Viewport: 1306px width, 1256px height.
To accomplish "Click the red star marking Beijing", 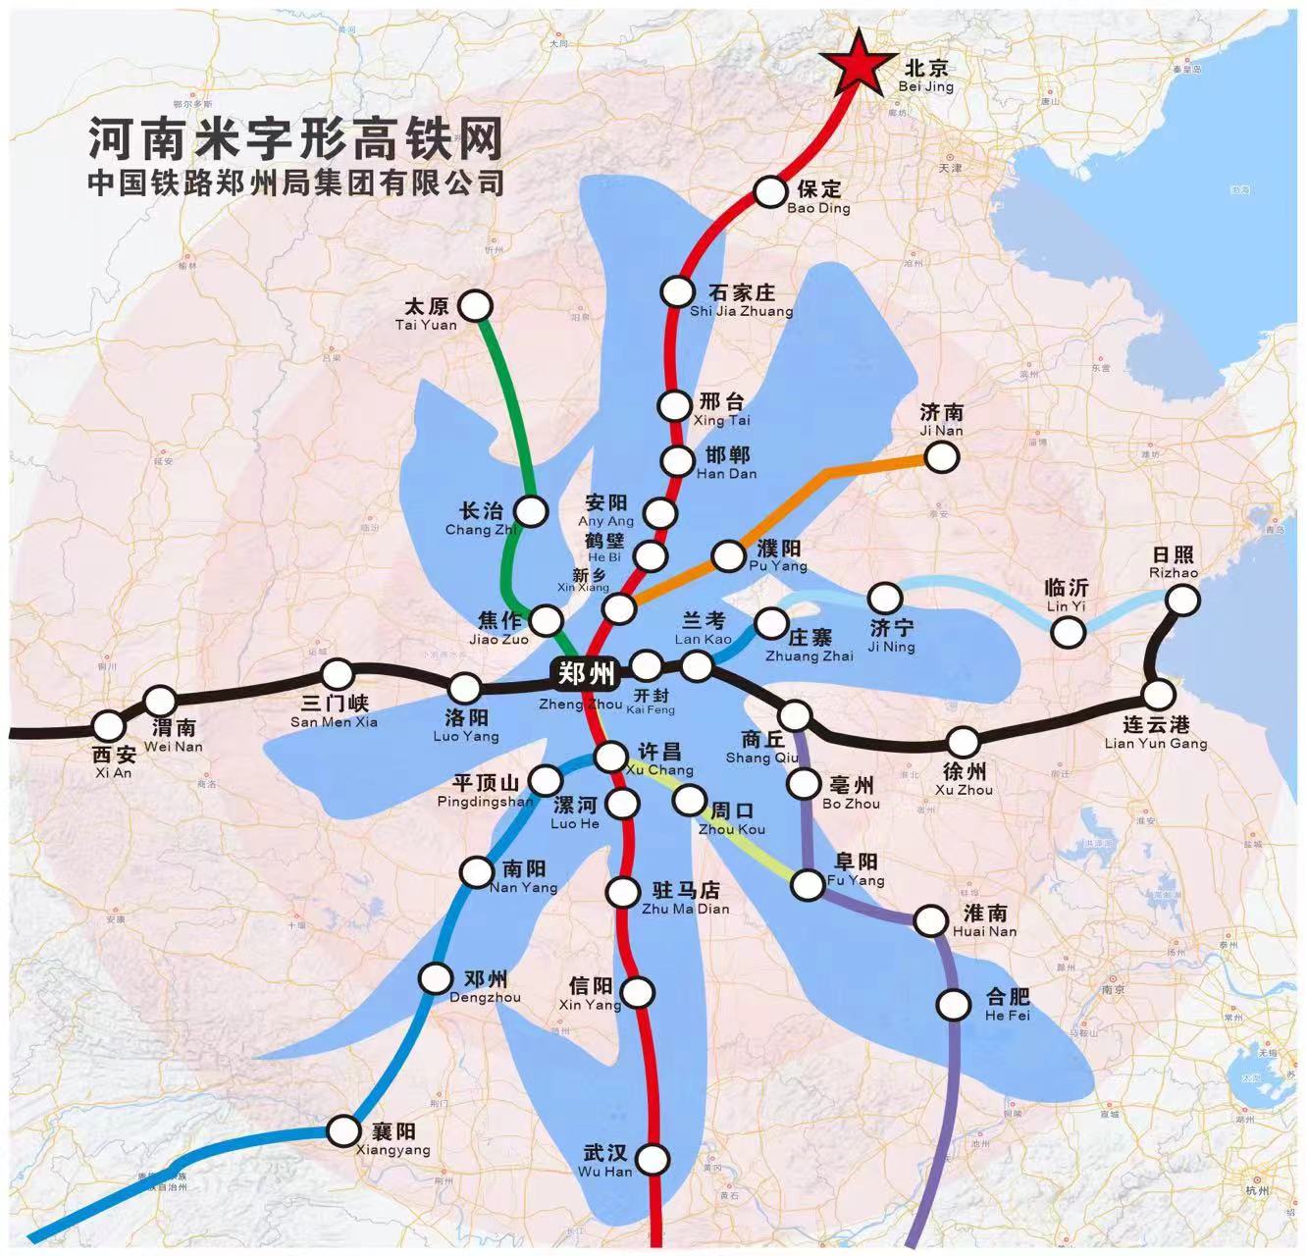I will [860, 64].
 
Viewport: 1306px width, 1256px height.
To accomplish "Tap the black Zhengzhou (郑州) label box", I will [587, 674].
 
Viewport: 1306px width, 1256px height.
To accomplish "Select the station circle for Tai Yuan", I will [476, 306].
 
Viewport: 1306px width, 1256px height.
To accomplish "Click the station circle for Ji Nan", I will [941, 456].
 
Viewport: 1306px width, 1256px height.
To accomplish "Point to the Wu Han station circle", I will [652, 1160].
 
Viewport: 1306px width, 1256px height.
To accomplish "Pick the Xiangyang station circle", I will [343, 1130].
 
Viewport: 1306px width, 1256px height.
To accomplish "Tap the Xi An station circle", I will [109, 726].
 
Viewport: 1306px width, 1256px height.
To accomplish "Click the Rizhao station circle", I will [1183, 600].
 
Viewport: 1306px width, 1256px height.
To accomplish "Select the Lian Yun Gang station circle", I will [1159, 695].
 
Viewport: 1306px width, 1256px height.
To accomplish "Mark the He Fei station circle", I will [953, 1005].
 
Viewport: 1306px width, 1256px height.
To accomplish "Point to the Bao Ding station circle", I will [770, 191].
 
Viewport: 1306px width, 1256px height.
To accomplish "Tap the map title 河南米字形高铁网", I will [295, 138].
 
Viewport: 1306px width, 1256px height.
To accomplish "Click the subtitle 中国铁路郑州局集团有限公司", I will [295, 183].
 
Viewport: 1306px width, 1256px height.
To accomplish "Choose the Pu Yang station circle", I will [729, 556].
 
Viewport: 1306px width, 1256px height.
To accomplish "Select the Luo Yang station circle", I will [464, 688].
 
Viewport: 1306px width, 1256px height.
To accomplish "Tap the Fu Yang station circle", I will [808, 885].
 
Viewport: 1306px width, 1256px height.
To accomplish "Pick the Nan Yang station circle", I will [477, 871].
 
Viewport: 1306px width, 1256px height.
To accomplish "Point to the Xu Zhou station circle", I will [963, 743].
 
